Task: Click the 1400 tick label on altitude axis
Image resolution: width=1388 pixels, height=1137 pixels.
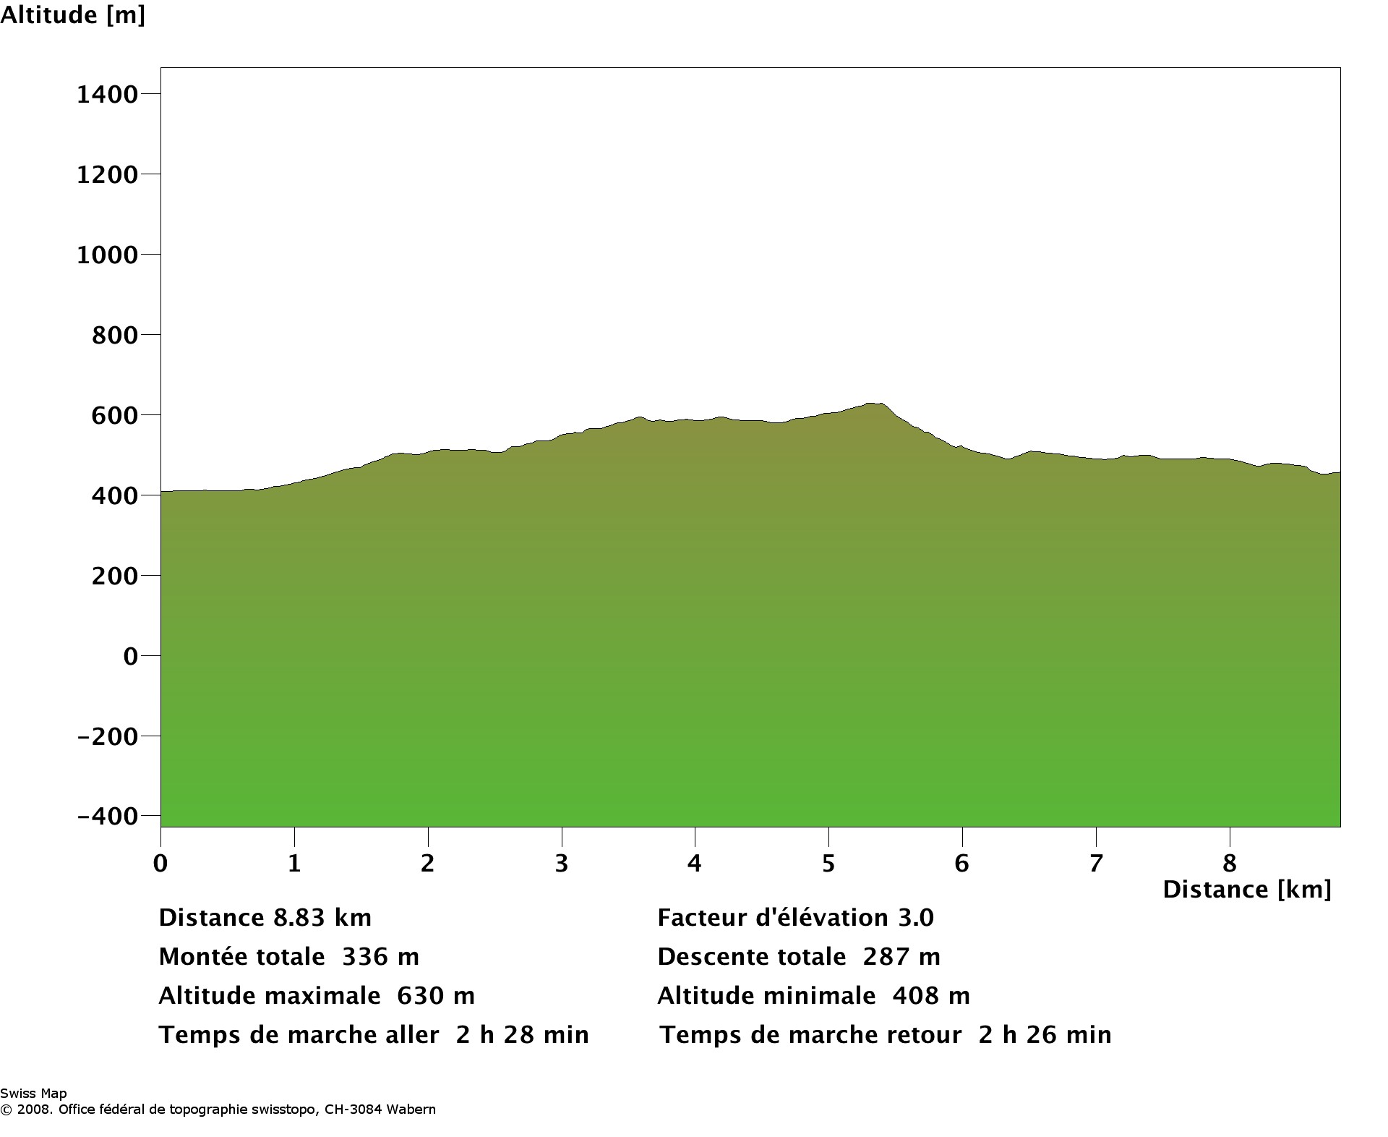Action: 107,94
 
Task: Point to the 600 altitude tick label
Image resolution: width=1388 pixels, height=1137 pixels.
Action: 114,415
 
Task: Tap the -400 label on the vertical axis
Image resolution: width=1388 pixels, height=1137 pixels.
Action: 107,816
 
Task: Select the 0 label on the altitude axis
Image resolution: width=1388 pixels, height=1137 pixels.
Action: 130,656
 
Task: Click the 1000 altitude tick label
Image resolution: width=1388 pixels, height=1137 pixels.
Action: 107,255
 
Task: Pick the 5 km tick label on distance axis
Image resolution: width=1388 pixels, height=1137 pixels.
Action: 828,863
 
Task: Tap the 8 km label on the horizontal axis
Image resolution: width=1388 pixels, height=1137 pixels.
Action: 1230,863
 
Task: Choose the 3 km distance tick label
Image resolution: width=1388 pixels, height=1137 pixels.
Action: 562,863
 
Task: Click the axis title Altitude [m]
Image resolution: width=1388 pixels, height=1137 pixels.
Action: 72,14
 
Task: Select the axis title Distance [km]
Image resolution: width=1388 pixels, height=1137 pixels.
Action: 1246,890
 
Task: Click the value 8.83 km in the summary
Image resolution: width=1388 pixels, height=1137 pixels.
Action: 322,918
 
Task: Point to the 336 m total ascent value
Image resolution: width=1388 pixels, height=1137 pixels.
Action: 380,957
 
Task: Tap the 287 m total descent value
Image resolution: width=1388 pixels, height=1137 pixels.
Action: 901,957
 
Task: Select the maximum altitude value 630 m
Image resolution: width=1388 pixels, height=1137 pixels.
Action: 436,996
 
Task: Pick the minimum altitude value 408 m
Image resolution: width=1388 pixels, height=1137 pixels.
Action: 931,996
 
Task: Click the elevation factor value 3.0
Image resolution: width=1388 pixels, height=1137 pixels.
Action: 916,918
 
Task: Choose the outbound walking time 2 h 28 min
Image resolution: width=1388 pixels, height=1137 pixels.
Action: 523,1035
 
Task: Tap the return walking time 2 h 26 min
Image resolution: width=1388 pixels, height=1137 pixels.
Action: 1045,1035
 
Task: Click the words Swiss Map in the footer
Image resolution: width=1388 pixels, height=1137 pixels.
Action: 33,1094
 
